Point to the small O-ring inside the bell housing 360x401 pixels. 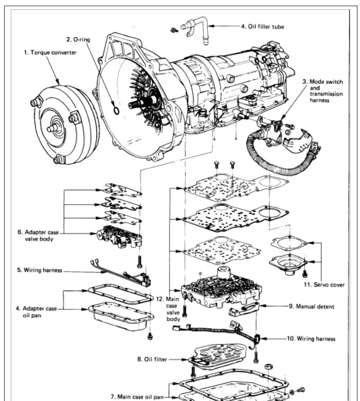[117, 110]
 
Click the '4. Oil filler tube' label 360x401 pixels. [262, 27]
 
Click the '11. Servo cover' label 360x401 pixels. [324, 285]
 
